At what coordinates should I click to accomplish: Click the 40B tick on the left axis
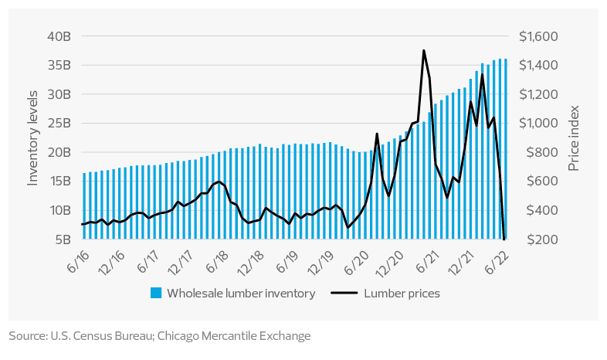coord(60,36)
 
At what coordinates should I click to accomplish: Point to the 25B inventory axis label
coord(60,123)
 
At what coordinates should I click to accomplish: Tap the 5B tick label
coord(64,239)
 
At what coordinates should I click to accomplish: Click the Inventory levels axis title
coord(33,138)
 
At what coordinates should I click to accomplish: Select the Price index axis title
coord(574,138)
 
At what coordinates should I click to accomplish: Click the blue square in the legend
coord(156,293)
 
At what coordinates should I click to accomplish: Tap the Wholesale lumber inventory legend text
coord(241,293)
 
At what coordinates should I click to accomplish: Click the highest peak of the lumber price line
coord(424,51)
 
